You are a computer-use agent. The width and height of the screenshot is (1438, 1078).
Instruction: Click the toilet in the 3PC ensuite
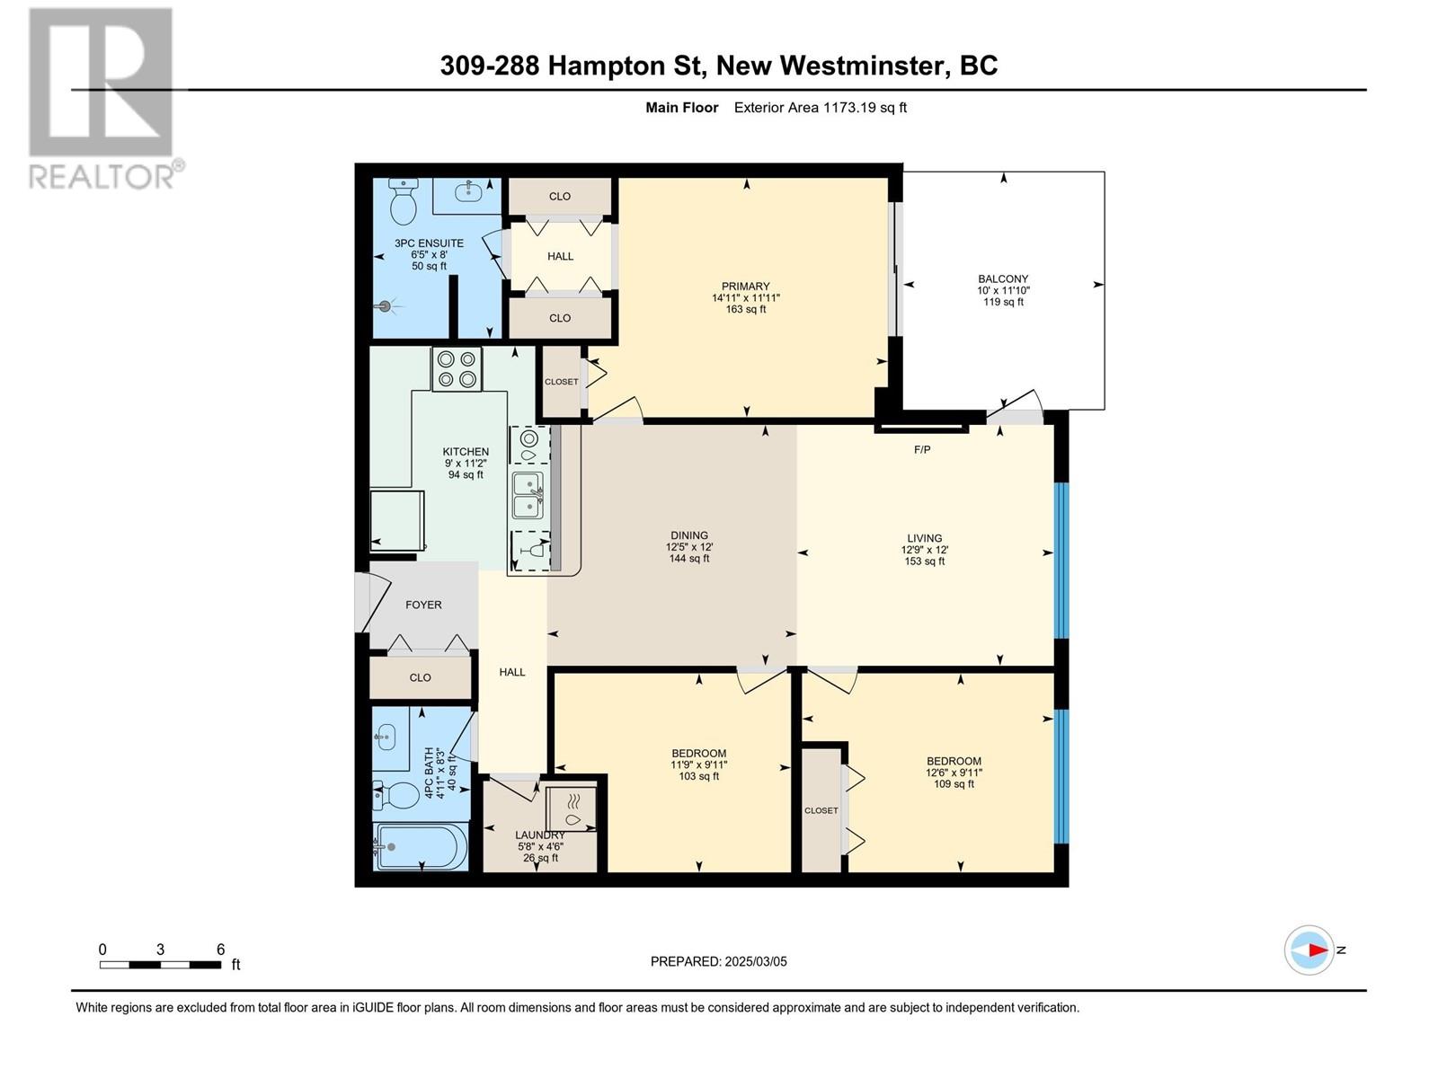click(x=403, y=201)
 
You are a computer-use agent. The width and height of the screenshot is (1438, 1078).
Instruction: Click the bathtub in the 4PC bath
click(x=420, y=846)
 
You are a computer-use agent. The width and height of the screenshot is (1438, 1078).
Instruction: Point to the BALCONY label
click(x=1003, y=278)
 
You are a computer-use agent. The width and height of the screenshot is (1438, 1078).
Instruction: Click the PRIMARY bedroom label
click(x=746, y=286)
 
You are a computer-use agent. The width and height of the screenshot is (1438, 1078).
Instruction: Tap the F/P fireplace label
click(x=922, y=450)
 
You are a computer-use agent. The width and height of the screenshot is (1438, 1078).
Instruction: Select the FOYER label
click(x=423, y=605)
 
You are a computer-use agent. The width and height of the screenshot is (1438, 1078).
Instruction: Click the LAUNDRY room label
click(x=540, y=835)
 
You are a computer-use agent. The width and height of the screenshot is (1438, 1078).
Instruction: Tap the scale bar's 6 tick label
click(x=221, y=950)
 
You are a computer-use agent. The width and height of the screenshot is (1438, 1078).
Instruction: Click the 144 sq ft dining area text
click(x=689, y=558)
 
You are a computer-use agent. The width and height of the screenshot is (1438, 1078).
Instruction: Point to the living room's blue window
click(x=1061, y=561)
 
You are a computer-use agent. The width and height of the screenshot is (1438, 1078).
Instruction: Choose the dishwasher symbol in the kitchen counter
click(x=530, y=550)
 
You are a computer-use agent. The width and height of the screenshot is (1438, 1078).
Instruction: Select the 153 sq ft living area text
click(x=925, y=561)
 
